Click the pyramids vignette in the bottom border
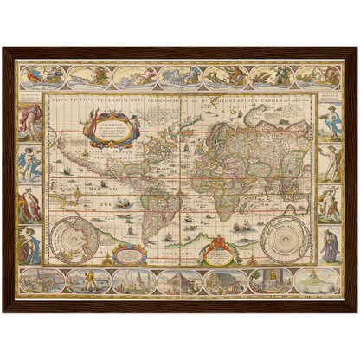(179, 280)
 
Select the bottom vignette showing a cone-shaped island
(316, 280)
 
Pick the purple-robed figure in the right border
(330, 245)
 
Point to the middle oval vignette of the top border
(179, 77)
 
